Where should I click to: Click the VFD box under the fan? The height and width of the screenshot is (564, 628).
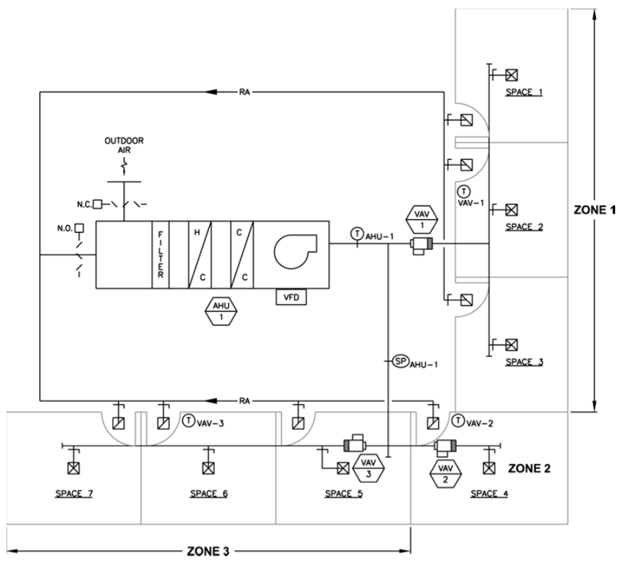(290, 296)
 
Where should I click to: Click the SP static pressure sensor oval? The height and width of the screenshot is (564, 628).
(399, 363)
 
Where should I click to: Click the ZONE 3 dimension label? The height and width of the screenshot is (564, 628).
(210, 552)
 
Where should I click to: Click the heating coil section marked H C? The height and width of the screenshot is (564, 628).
(198, 255)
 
